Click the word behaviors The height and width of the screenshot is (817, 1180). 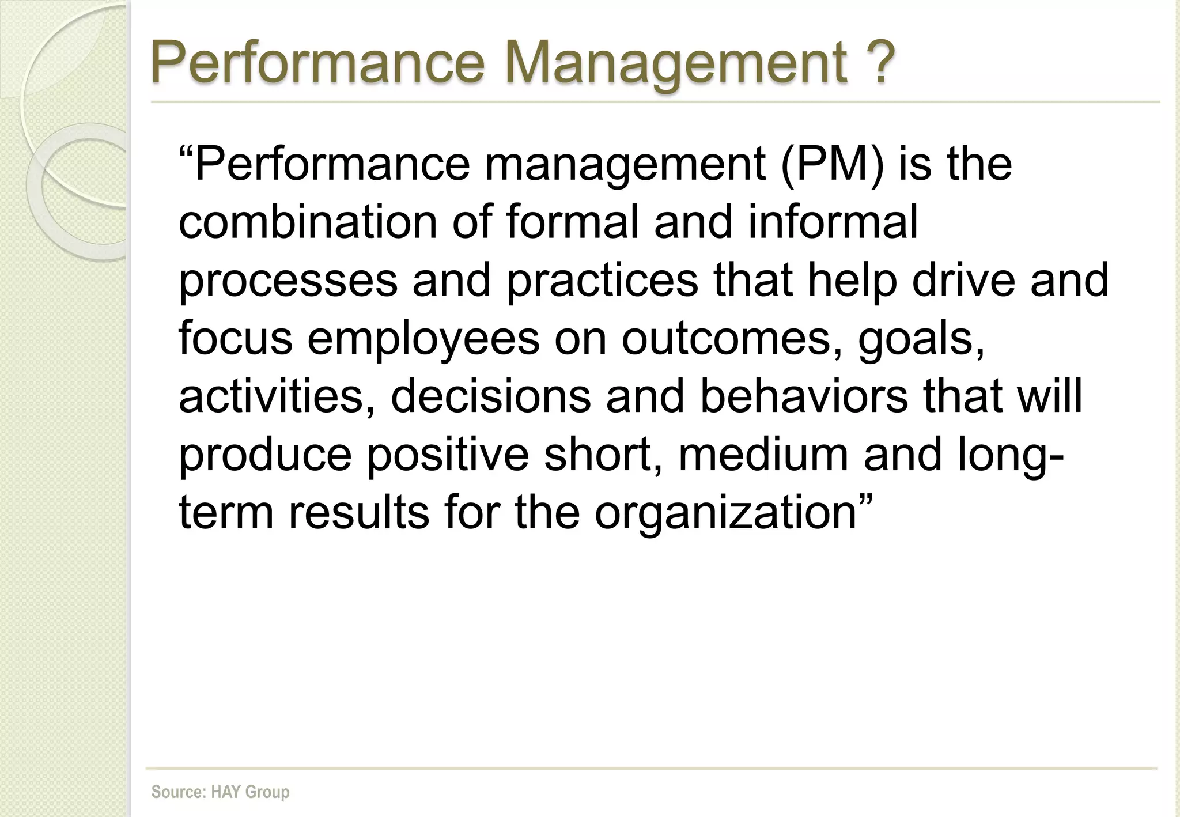pyautogui.click(x=804, y=396)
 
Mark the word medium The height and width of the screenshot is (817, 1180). pyautogui.click(x=763, y=454)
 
